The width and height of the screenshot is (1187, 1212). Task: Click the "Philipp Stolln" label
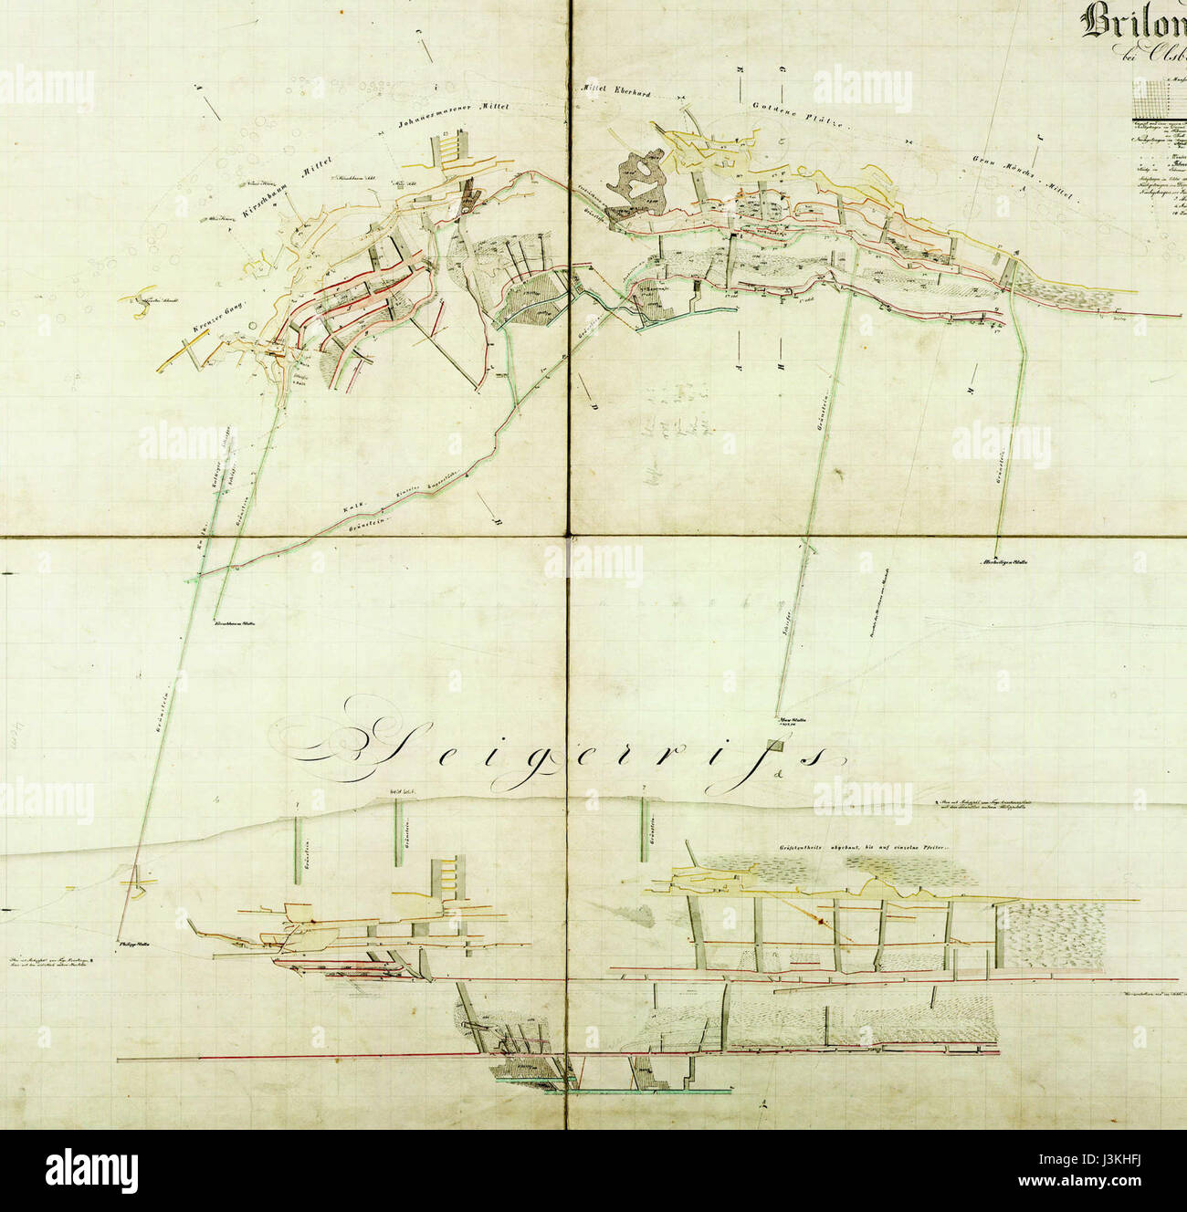pos(131,944)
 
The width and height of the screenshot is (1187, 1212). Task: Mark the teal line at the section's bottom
pos(639,1090)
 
